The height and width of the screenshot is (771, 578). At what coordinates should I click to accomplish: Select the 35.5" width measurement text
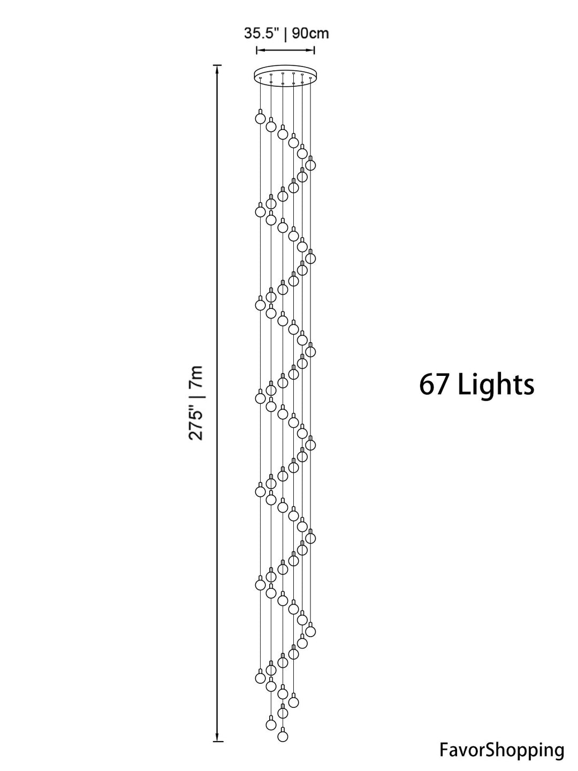(262, 33)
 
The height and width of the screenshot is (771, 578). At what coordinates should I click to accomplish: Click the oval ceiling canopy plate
(285, 74)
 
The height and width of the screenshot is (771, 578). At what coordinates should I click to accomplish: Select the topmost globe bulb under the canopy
(260, 116)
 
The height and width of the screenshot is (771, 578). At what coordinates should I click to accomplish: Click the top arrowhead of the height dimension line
(218, 70)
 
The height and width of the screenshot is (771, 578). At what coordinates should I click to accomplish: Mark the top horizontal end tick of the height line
(218, 65)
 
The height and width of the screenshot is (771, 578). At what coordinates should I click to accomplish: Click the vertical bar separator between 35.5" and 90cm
(285, 33)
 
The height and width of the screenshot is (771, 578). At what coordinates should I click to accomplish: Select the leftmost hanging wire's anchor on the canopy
(260, 78)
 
